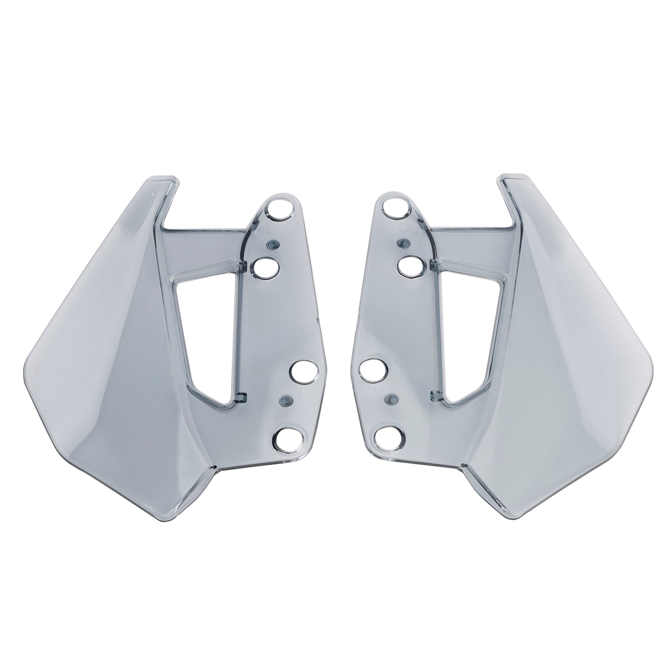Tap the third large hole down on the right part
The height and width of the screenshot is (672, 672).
(373, 368)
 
